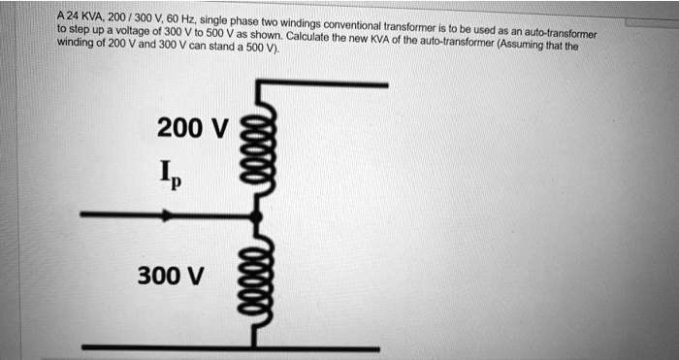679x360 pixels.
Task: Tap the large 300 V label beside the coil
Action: pos(171,277)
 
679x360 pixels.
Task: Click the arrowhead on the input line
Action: pos(169,215)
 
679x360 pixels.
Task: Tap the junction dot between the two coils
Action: pos(258,215)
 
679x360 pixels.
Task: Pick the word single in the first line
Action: pos(213,18)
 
